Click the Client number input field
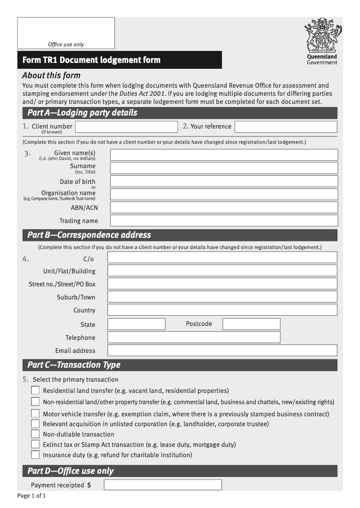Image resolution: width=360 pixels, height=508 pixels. click(x=126, y=127)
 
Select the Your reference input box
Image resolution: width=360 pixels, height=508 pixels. click(x=285, y=127)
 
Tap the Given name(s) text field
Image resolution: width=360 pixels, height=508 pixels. click(x=224, y=155)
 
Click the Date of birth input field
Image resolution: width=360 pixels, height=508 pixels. click(x=224, y=181)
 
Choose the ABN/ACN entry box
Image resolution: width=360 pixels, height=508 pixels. click(x=224, y=207)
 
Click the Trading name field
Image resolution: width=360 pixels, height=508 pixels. click(x=224, y=220)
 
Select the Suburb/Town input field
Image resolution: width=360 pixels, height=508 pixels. click(x=222, y=297)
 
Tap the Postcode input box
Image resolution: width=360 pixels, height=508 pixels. click(x=251, y=324)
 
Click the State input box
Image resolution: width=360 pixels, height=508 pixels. click(x=136, y=324)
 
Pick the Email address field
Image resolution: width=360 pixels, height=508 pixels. click(x=222, y=350)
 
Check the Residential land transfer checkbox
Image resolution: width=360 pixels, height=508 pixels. click(x=35, y=390)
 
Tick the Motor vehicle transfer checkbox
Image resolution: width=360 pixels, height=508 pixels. click(x=35, y=414)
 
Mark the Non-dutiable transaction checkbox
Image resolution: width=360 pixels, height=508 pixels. click(x=35, y=434)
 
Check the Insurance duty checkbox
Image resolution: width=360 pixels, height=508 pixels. click(x=35, y=455)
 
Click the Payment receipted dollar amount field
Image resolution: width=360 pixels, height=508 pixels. click(x=162, y=485)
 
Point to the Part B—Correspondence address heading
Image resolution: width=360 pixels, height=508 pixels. click(x=89, y=235)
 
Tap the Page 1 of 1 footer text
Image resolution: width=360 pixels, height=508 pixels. click(x=31, y=496)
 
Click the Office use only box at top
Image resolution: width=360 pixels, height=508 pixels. click(x=66, y=33)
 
